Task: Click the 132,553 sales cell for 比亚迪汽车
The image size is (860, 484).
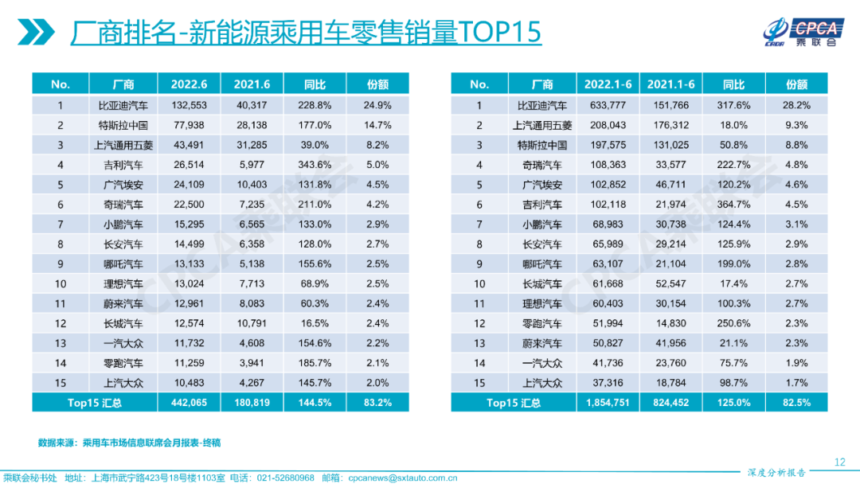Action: pos(189,105)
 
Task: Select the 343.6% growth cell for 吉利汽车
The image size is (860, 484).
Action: pos(315,165)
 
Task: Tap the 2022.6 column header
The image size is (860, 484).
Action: pos(189,84)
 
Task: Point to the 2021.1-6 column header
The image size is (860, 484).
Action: pos(670,84)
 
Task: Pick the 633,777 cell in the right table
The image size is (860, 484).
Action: pos(608,105)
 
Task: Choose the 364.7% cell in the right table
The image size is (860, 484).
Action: pos(733,205)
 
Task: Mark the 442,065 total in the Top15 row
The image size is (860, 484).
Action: pos(189,403)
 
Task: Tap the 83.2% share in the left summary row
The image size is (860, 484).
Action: pos(377,403)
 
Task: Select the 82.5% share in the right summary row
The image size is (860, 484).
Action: pos(796,403)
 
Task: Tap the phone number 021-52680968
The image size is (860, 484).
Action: pos(285,478)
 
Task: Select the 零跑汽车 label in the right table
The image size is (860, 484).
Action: pos(541,323)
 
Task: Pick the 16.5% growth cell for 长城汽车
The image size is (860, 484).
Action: pos(315,323)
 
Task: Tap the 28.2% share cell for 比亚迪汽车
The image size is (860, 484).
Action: pos(796,105)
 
